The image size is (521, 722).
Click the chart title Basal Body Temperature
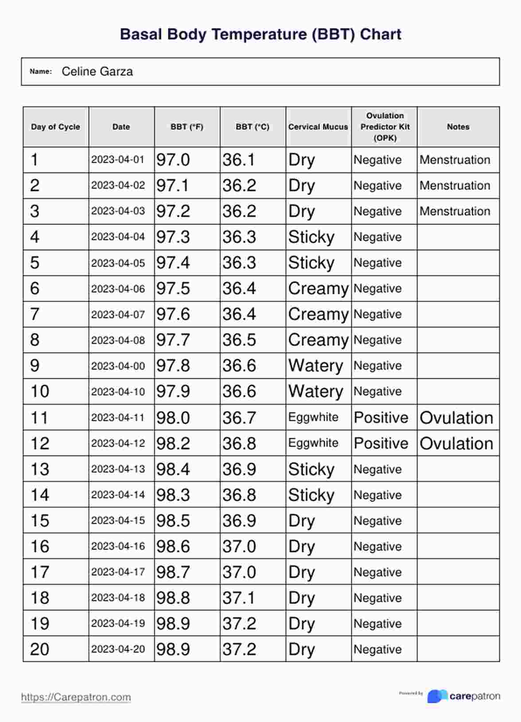click(260, 35)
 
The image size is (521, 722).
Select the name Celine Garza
click(97, 71)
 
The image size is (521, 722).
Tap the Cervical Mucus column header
click(318, 127)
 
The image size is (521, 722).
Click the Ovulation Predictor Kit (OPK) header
click(385, 127)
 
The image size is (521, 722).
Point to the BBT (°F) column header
click(187, 127)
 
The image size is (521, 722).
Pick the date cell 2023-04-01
click(118, 159)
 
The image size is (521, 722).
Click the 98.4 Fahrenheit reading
click(173, 469)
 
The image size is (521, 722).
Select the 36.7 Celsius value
click(239, 418)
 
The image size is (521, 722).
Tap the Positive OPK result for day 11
click(381, 418)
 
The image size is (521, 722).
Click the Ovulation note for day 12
click(456, 443)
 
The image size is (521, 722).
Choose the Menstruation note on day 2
click(455, 186)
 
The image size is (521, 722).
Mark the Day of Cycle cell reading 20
click(39, 649)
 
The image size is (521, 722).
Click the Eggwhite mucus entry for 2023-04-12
click(313, 443)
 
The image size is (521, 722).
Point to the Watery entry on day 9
click(315, 366)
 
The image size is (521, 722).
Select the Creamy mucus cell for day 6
click(318, 289)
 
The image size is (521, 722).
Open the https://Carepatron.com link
click(76, 697)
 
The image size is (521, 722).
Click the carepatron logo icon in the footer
click(437, 696)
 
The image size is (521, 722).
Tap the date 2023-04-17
click(118, 572)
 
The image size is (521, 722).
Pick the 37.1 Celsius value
click(239, 598)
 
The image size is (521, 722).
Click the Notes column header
click(458, 127)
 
